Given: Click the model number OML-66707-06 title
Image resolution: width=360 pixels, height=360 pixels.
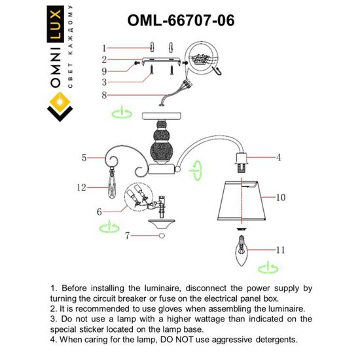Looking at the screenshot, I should [180, 20].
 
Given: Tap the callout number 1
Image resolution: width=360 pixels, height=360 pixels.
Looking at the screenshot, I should [103, 48].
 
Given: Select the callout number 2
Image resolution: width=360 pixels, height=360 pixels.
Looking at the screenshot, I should [103, 60].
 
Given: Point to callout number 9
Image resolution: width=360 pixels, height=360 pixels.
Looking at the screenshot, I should [103, 71].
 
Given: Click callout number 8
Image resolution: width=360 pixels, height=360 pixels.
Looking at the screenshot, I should [103, 94].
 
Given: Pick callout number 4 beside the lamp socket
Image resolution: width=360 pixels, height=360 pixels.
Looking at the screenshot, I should [278, 158].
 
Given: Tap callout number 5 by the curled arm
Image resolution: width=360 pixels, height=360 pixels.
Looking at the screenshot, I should [84, 158].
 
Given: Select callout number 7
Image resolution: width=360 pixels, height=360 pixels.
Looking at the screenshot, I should [108, 234].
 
